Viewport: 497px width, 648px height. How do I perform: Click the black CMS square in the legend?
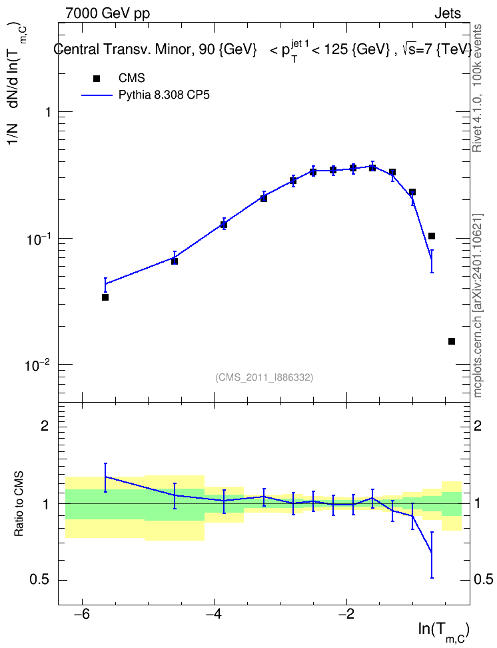click(97, 79)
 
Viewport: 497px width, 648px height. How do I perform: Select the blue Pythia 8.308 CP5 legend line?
click(97, 95)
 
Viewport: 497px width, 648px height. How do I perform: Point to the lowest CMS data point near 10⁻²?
click(452, 341)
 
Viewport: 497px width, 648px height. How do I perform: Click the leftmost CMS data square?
click(105, 297)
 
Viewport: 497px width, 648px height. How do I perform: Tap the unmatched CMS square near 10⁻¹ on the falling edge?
click(432, 236)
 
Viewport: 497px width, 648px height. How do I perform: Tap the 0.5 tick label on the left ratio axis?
click(39, 580)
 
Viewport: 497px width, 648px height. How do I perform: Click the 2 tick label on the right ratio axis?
click(478, 425)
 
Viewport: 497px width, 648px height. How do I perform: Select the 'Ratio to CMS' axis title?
click(19, 504)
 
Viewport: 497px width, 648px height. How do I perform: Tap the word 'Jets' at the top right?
click(448, 13)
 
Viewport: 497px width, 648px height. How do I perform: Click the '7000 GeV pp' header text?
click(107, 13)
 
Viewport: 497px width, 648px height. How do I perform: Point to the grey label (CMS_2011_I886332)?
click(264, 377)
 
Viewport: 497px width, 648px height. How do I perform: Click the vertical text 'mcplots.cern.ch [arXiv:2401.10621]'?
click(477, 305)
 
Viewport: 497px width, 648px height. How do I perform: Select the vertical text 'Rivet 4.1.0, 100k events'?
click(477, 88)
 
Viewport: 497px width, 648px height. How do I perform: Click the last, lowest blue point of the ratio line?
click(432, 553)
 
